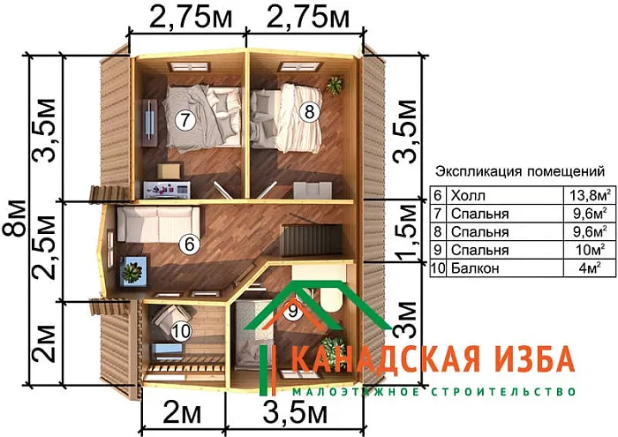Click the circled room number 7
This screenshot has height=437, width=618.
184,121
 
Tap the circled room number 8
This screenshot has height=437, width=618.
308,111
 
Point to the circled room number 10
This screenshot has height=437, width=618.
181,331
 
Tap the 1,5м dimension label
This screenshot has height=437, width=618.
405,231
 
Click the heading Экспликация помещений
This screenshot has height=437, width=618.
521,171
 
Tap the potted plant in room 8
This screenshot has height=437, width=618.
335,86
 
